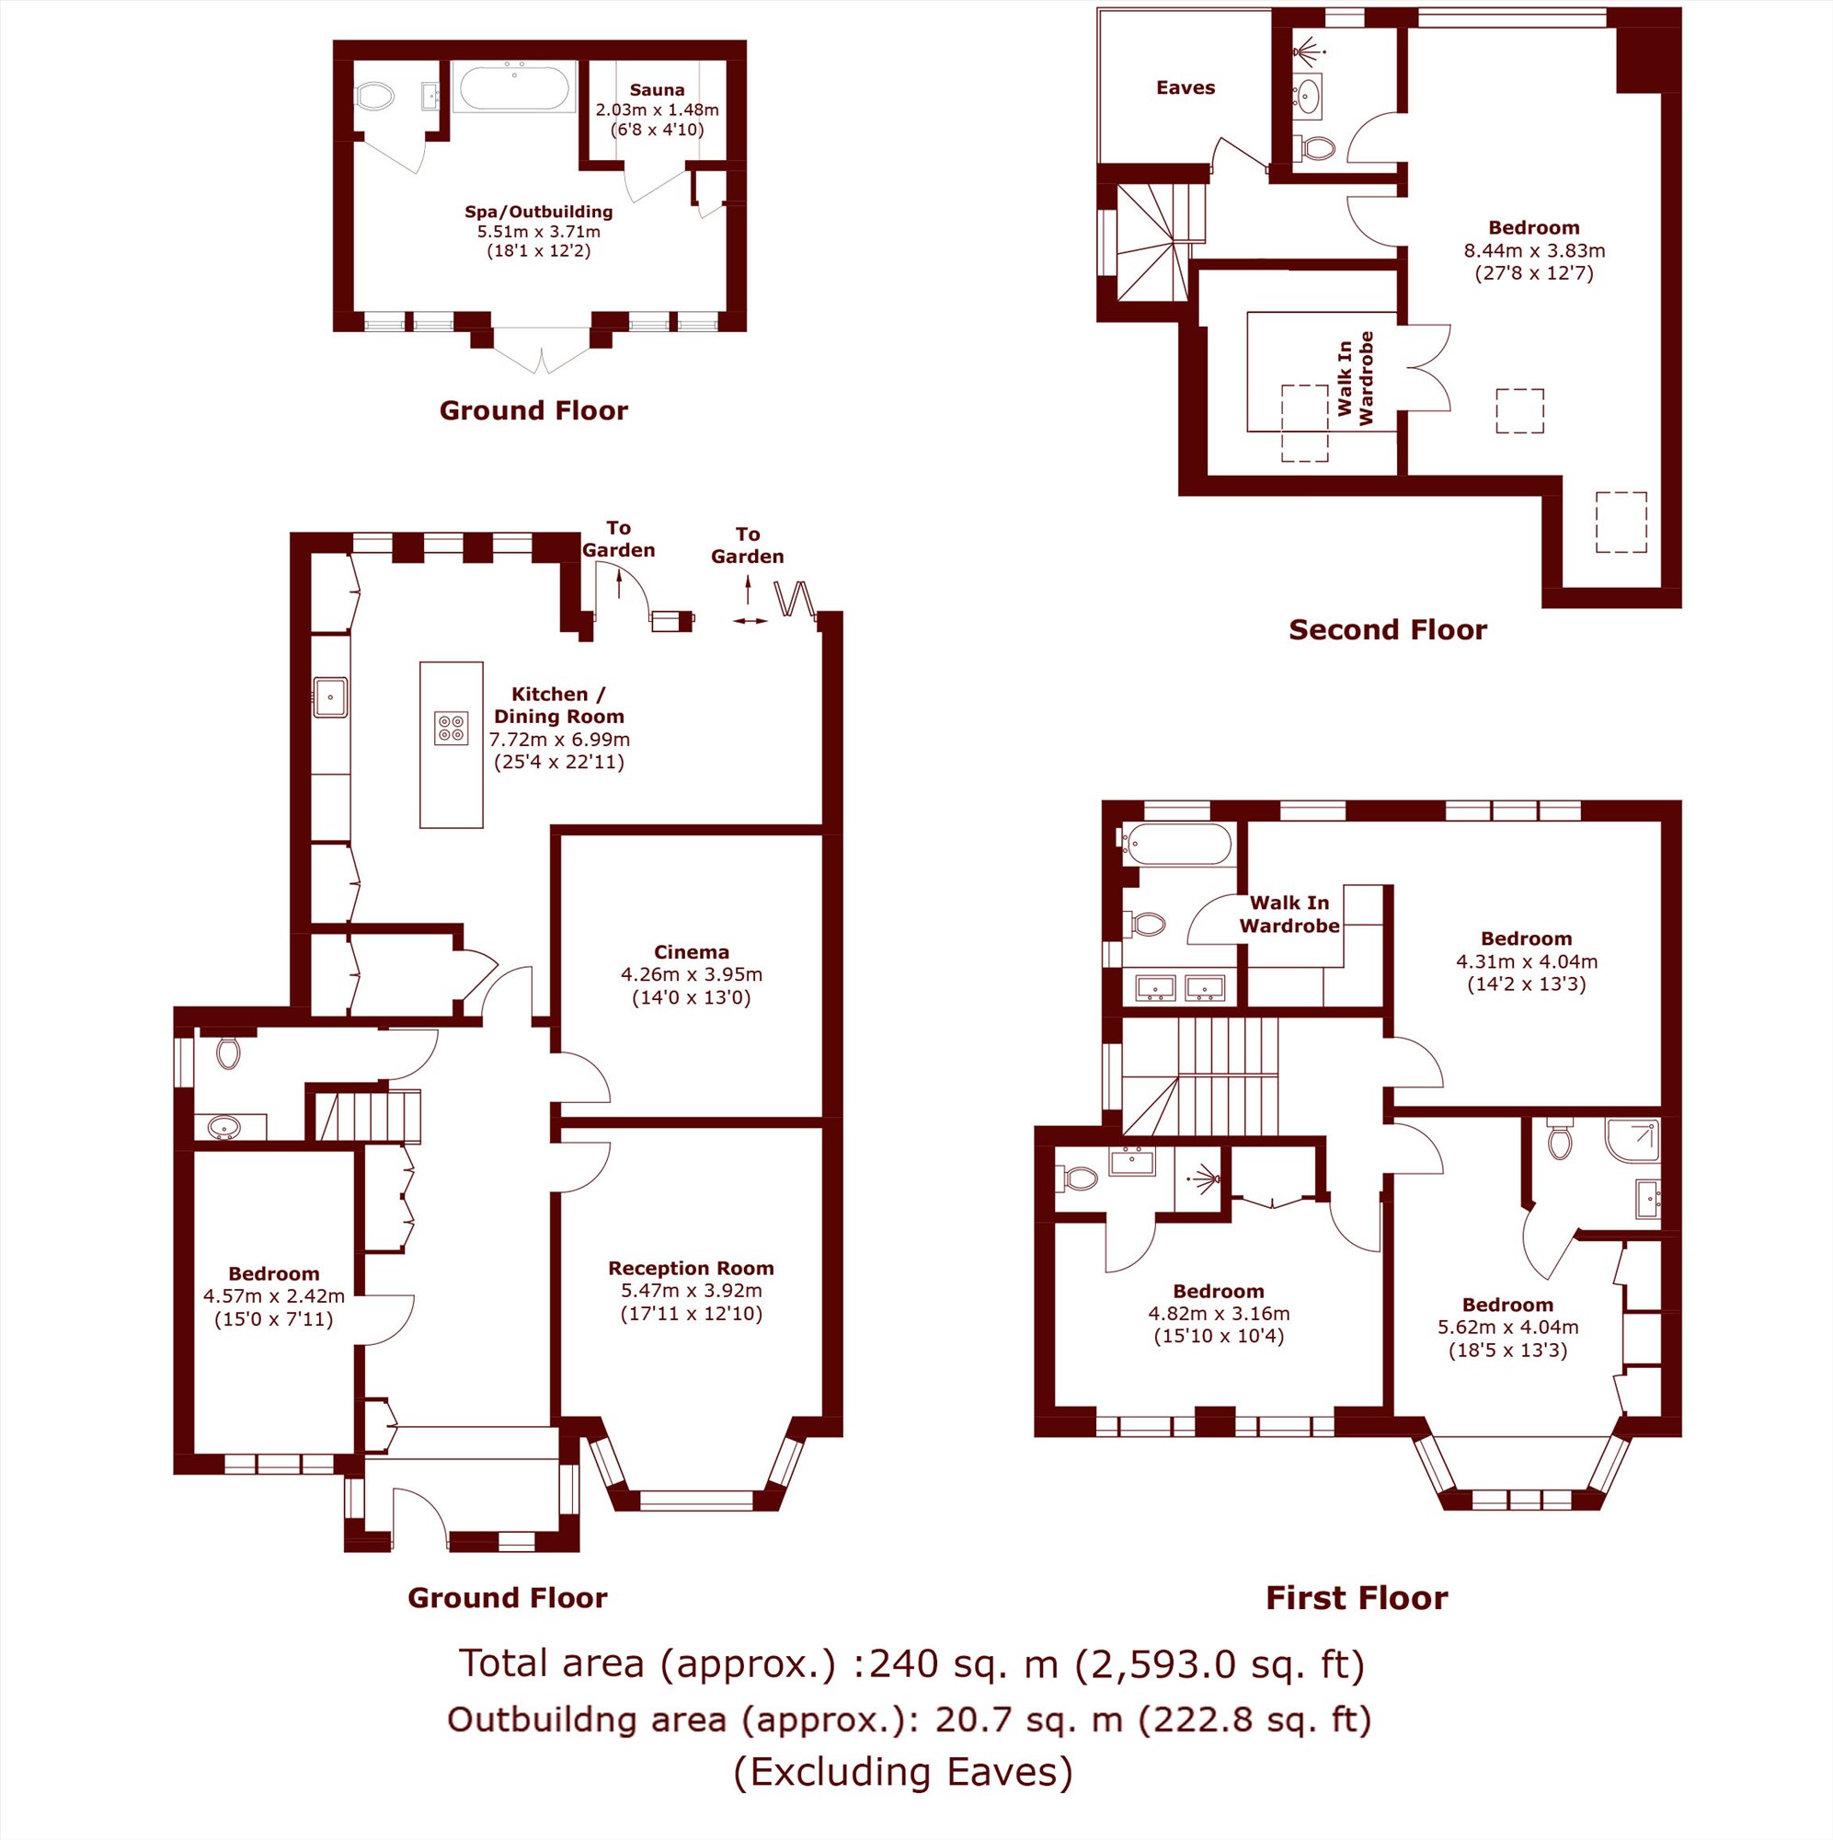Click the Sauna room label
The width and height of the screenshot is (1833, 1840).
(657, 90)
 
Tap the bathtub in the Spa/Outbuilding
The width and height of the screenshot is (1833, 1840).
(514, 87)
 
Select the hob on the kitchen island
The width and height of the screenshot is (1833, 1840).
(452, 728)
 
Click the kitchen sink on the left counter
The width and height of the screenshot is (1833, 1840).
(330, 697)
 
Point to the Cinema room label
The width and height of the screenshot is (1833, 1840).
(692, 952)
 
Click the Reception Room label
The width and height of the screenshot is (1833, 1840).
(692, 1269)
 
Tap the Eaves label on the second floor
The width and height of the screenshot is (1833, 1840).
(1186, 87)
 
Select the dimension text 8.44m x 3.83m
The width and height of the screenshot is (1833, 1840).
(1534, 250)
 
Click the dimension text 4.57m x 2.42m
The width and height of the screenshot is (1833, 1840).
(274, 1296)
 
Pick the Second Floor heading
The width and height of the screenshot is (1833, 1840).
(1387, 629)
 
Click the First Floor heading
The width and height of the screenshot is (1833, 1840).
(1357, 1597)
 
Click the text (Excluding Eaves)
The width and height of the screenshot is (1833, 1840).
(902, 1771)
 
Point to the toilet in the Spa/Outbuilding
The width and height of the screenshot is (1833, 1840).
(374, 97)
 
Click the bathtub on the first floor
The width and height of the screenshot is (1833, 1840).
(1177, 844)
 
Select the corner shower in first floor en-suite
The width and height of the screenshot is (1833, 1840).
(1633, 1140)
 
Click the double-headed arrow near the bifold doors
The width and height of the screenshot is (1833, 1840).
(750, 621)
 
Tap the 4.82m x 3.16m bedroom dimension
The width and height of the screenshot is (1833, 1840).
(1219, 1314)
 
